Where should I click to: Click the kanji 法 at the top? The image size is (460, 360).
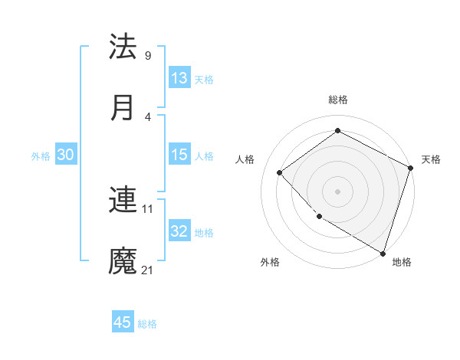click(123, 47)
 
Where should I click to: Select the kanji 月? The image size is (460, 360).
click(123, 107)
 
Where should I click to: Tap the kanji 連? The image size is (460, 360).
click(123, 201)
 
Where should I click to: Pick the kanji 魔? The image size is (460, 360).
click(123, 261)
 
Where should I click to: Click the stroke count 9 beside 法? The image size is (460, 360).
click(147, 56)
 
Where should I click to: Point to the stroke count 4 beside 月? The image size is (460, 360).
click(147, 116)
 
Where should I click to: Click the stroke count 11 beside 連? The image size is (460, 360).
click(149, 209)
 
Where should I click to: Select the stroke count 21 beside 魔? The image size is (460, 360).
click(149, 270)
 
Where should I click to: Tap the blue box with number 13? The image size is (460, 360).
click(179, 77)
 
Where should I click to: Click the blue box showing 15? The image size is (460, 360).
click(179, 155)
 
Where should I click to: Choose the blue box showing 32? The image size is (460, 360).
click(179, 231)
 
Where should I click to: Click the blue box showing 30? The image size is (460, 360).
click(66, 155)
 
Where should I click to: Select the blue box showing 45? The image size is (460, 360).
click(123, 322)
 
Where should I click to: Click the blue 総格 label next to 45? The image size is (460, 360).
click(147, 324)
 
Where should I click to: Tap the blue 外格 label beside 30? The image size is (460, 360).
click(41, 156)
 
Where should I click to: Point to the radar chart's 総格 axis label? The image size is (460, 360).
click(337, 100)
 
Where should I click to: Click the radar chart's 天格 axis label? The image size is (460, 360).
click(431, 159)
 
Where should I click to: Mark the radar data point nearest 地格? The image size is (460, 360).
click(383, 253)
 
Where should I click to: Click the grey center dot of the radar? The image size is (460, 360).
click(337, 191)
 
